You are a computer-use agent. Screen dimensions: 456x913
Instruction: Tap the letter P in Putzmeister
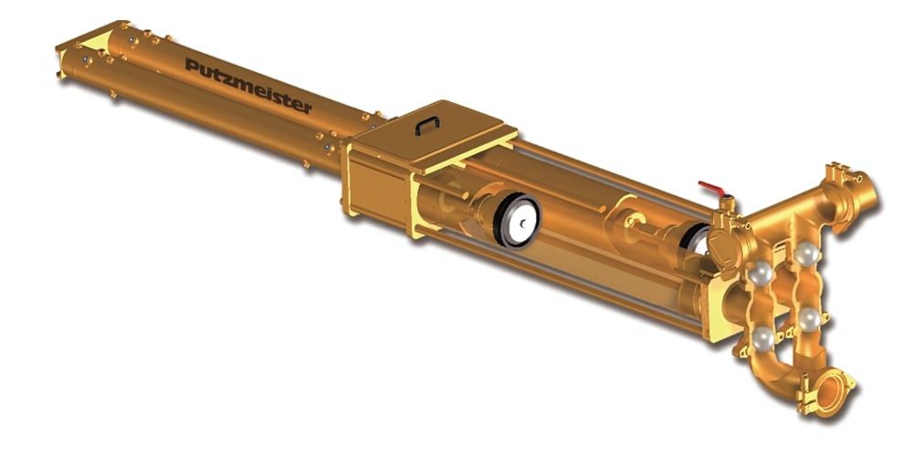pos(191,65)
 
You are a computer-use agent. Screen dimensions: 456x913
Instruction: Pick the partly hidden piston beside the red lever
pos(697,240)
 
